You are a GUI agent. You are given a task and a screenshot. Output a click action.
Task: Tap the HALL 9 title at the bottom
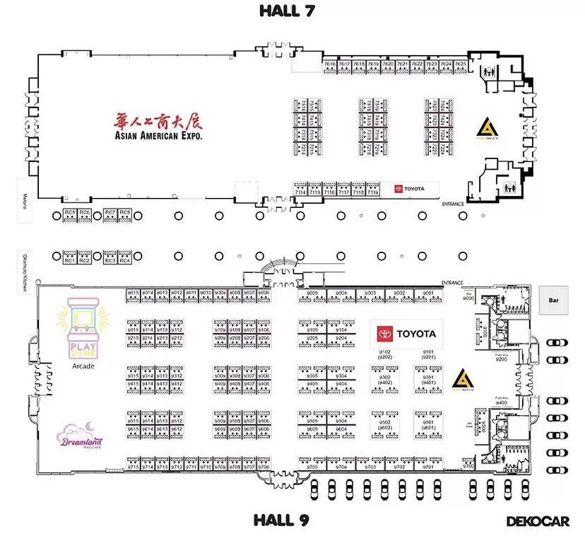tap(281, 521)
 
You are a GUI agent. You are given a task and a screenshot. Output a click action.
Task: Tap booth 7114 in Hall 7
tap(300, 189)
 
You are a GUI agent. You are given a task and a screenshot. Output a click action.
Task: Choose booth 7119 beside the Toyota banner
tap(373, 189)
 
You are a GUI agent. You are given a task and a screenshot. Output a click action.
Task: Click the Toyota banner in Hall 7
tap(416, 189)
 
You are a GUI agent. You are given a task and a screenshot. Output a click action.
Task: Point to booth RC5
tap(69, 214)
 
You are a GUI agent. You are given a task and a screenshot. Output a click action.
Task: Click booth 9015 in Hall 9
tap(133, 295)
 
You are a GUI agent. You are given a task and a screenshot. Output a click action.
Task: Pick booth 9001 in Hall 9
tap(427, 295)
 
